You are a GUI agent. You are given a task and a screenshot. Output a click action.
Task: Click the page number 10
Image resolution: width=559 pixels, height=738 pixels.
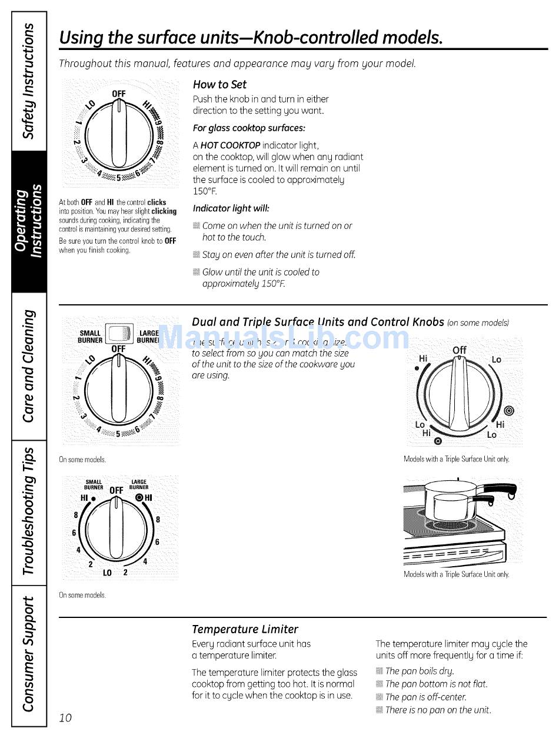click(x=65, y=717)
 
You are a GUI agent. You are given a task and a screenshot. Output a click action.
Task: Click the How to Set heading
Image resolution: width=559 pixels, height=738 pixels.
click(x=219, y=84)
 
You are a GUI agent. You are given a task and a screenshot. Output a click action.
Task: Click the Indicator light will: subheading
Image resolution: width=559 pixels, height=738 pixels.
click(x=231, y=208)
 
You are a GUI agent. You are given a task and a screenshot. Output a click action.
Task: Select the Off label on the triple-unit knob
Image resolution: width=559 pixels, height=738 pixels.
click(x=460, y=350)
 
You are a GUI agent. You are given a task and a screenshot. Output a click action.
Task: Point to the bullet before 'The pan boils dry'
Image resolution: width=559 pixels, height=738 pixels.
click(x=380, y=671)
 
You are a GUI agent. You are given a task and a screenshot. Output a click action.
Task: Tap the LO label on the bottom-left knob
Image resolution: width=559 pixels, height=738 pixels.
click(x=108, y=572)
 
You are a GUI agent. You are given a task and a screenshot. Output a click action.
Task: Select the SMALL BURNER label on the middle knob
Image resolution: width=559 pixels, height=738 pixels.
click(x=91, y=337)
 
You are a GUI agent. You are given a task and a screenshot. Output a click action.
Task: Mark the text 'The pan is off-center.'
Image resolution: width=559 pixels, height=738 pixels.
click(x=426, y=697)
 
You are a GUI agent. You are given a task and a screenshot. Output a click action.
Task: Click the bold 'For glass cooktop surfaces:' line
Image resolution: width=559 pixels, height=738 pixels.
click(x=249, y=128)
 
